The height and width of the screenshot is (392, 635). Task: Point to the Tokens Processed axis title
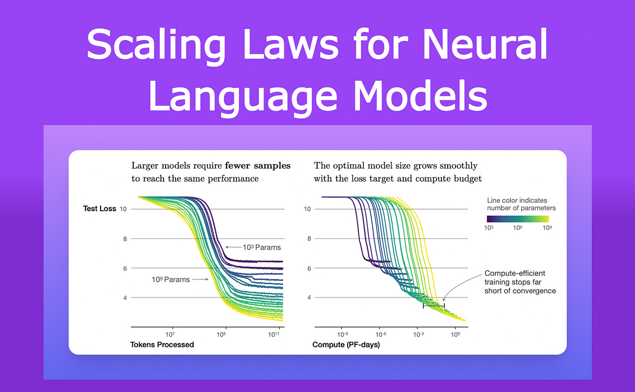pos(162,345)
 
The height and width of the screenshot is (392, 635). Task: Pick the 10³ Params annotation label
pos(261,247)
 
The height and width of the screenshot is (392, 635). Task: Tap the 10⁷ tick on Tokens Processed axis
pos(170,334)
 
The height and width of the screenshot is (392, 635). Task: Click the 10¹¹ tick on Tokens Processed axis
pos(274,334)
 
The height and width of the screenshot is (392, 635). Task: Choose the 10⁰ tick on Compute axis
pos(455,334)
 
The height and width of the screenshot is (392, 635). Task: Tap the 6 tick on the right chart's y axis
pos(307,268)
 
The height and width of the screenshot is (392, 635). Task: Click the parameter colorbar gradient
pos(521,218)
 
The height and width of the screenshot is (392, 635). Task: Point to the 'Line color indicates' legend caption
pos(518,200)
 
